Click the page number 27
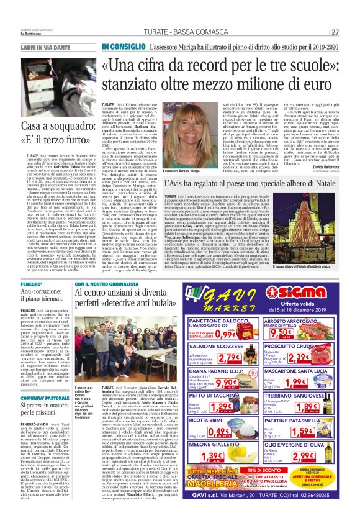click(x=352, y=32)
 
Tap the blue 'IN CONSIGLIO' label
click(x=122, y=47)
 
